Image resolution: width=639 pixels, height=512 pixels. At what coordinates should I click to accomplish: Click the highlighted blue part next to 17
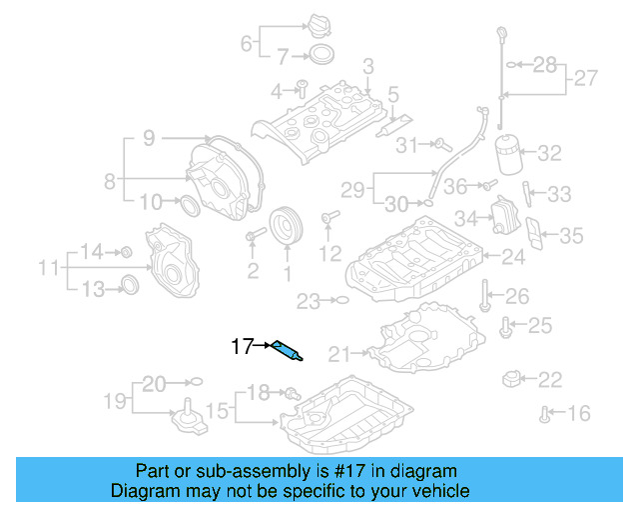(x=287, y=349)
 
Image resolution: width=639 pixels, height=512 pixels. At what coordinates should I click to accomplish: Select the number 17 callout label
(x=241, y=347)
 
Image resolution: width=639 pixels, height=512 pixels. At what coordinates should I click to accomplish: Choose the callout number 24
(x=513, y=257)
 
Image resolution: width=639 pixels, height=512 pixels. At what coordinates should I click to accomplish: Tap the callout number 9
(x=148, y=139)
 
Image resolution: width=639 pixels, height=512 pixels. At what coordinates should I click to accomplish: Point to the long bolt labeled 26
(x=484, y=295)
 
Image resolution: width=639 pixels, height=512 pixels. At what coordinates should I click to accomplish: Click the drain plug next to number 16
(x=545, y=412)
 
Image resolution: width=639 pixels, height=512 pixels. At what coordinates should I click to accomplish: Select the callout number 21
(x=339, y=353)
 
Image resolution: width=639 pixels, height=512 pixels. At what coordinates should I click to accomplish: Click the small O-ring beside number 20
(x=196, y=381)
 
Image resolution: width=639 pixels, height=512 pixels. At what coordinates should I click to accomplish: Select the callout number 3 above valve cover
(x=367, y=66)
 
